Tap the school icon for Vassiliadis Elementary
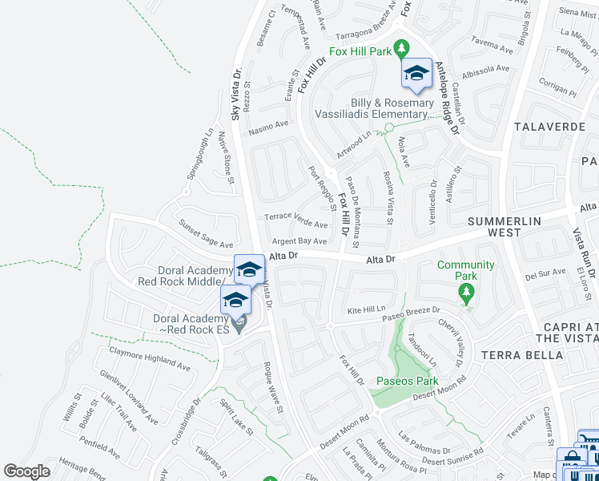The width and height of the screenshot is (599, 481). click(416, 74)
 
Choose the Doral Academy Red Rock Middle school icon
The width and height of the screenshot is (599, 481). click(249, 270)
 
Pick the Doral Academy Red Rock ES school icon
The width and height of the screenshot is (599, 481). click(235, 301)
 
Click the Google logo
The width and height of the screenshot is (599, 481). click(26, 471)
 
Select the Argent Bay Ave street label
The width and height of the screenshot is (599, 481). click(299, 240)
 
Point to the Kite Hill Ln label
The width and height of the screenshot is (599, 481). click(367, 308)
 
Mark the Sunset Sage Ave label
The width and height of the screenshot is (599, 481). click(206, 234)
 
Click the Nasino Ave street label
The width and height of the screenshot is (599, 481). click(268, 125)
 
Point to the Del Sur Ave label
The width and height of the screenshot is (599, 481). click(545, 273)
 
